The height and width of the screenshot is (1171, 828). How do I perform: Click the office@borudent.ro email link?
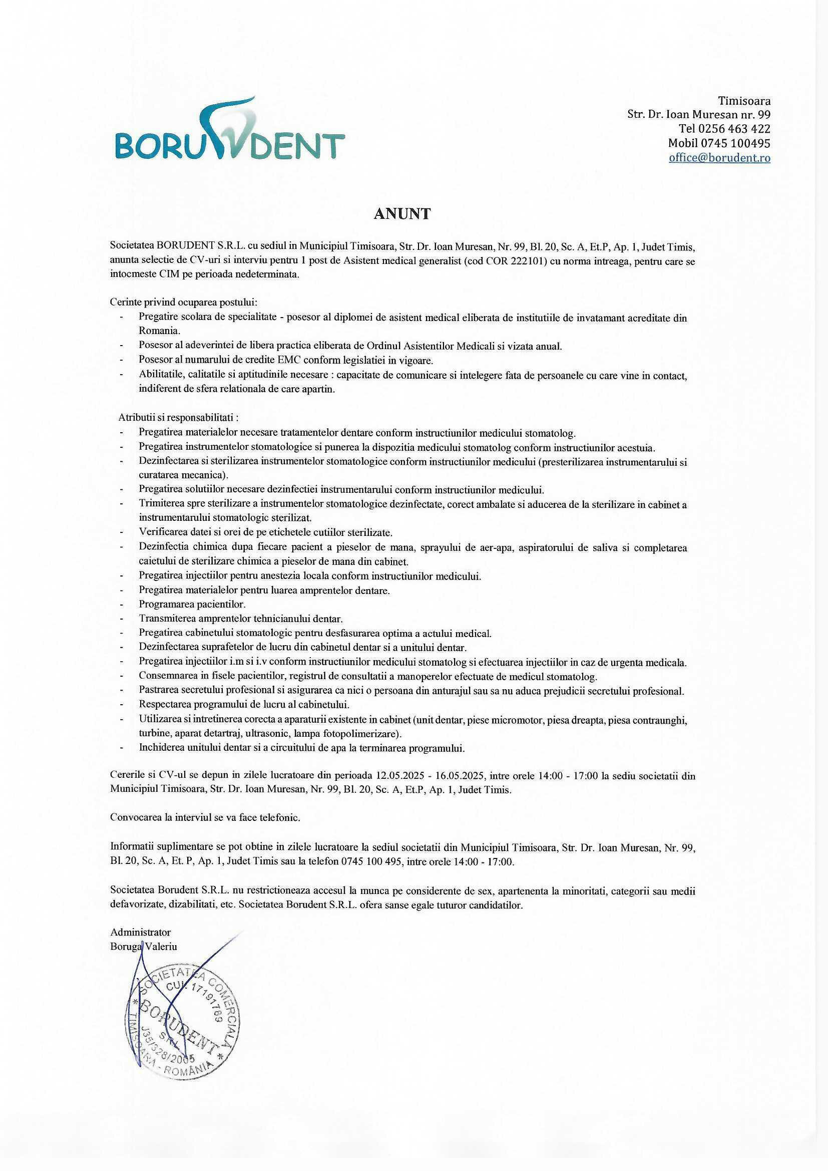[x=719, y=158]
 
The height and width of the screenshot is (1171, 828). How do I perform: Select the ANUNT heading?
[x=402, y=214]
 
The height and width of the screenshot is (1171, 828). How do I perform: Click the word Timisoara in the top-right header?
[x=744, y=100]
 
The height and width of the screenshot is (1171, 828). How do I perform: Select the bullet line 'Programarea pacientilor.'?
[x=192, y=605]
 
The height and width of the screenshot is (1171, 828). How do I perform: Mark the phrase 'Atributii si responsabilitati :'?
[x=178, y=418]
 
